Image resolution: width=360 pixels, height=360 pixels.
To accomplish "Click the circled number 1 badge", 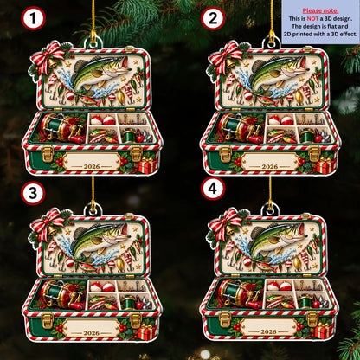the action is [34, 18].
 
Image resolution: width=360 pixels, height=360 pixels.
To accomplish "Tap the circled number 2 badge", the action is [213, 18].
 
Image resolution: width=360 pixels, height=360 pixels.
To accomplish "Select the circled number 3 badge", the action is [33, 193].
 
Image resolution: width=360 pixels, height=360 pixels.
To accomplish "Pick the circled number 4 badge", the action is [213, 189].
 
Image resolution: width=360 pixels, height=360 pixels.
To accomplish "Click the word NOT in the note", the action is [312, 19].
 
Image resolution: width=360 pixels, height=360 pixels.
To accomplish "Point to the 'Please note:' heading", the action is [320, 11].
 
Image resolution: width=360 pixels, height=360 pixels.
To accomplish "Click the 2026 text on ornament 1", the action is [92, 166].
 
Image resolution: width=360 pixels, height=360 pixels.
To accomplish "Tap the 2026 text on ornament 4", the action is [268, 331].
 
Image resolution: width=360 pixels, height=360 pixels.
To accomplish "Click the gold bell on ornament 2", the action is [230, 62].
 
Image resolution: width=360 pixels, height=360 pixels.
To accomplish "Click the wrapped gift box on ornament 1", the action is [147, 165].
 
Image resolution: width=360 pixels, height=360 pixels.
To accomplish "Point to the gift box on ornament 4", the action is [324, 331].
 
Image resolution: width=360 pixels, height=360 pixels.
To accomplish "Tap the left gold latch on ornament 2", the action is [225, 153].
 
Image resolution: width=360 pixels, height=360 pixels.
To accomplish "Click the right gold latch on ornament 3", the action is [136, 319].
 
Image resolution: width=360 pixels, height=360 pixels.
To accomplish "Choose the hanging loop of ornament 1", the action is [93, 43].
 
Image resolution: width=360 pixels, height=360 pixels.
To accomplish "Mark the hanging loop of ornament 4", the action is [270, 209].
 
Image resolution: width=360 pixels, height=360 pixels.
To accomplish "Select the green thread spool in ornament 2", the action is [306, 136].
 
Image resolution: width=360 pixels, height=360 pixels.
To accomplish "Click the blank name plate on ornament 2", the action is [270, 162].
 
